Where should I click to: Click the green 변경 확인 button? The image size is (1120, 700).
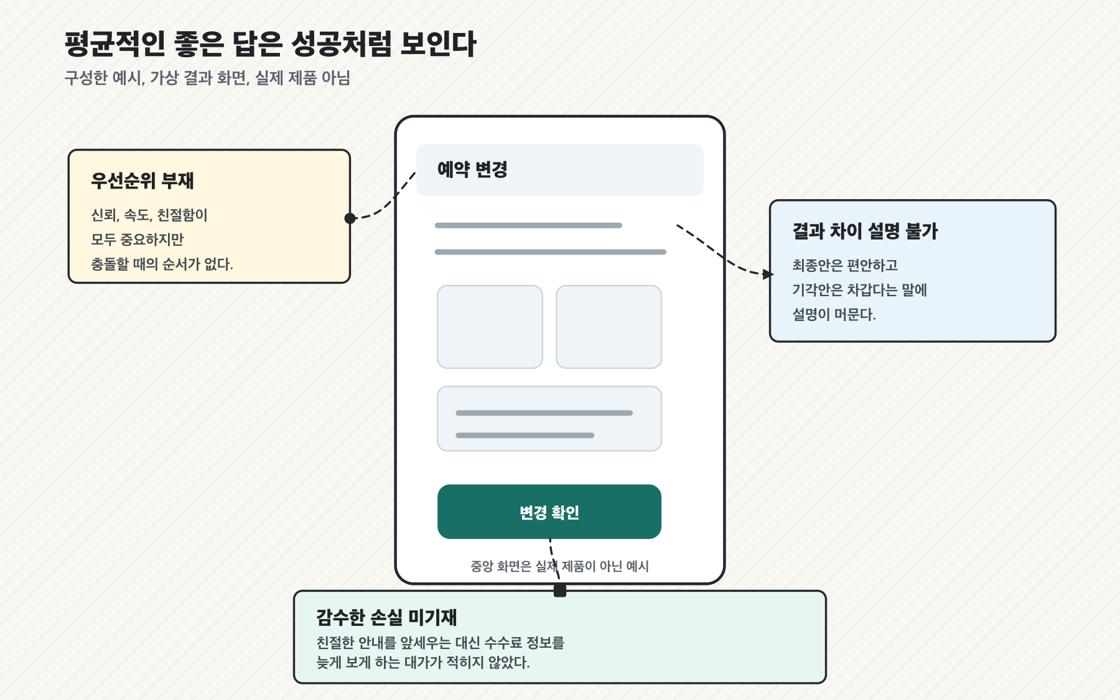(x=549, y=511)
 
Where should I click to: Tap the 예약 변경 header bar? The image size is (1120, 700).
(x=560, y=170)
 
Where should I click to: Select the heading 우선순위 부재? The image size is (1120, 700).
(x=142, y=180)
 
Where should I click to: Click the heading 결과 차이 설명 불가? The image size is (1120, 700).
(x=865, y=231)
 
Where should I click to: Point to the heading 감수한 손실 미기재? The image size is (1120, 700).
(x=386, y=617)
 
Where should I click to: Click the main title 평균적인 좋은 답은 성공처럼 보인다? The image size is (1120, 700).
(x=271, y=44)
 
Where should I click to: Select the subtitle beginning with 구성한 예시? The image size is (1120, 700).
(x=208, y=78)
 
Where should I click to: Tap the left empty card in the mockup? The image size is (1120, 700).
(x=490, y=327)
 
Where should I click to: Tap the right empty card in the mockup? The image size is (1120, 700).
(x=609, y=327)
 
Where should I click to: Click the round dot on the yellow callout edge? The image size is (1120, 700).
(x=350, y=218)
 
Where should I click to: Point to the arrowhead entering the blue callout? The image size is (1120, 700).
(x=768, y=274)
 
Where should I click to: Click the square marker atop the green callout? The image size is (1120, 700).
(x=560, y=590)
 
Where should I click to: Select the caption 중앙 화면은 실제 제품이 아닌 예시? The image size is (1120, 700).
(x=559, y=566)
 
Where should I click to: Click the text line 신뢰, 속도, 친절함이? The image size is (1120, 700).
(x=149, y=215)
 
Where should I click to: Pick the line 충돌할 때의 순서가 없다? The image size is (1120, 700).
(x=162, y=264)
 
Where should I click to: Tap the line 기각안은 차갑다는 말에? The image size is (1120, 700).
(x=859, y=290)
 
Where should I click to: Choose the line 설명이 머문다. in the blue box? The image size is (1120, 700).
(x=834, y=314)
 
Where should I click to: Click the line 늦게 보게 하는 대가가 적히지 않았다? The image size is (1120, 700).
(x=423, y=663)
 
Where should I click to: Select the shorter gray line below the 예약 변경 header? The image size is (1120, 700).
(x=528, y=225)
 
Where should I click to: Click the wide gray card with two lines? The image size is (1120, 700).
(x=549, y=419)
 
